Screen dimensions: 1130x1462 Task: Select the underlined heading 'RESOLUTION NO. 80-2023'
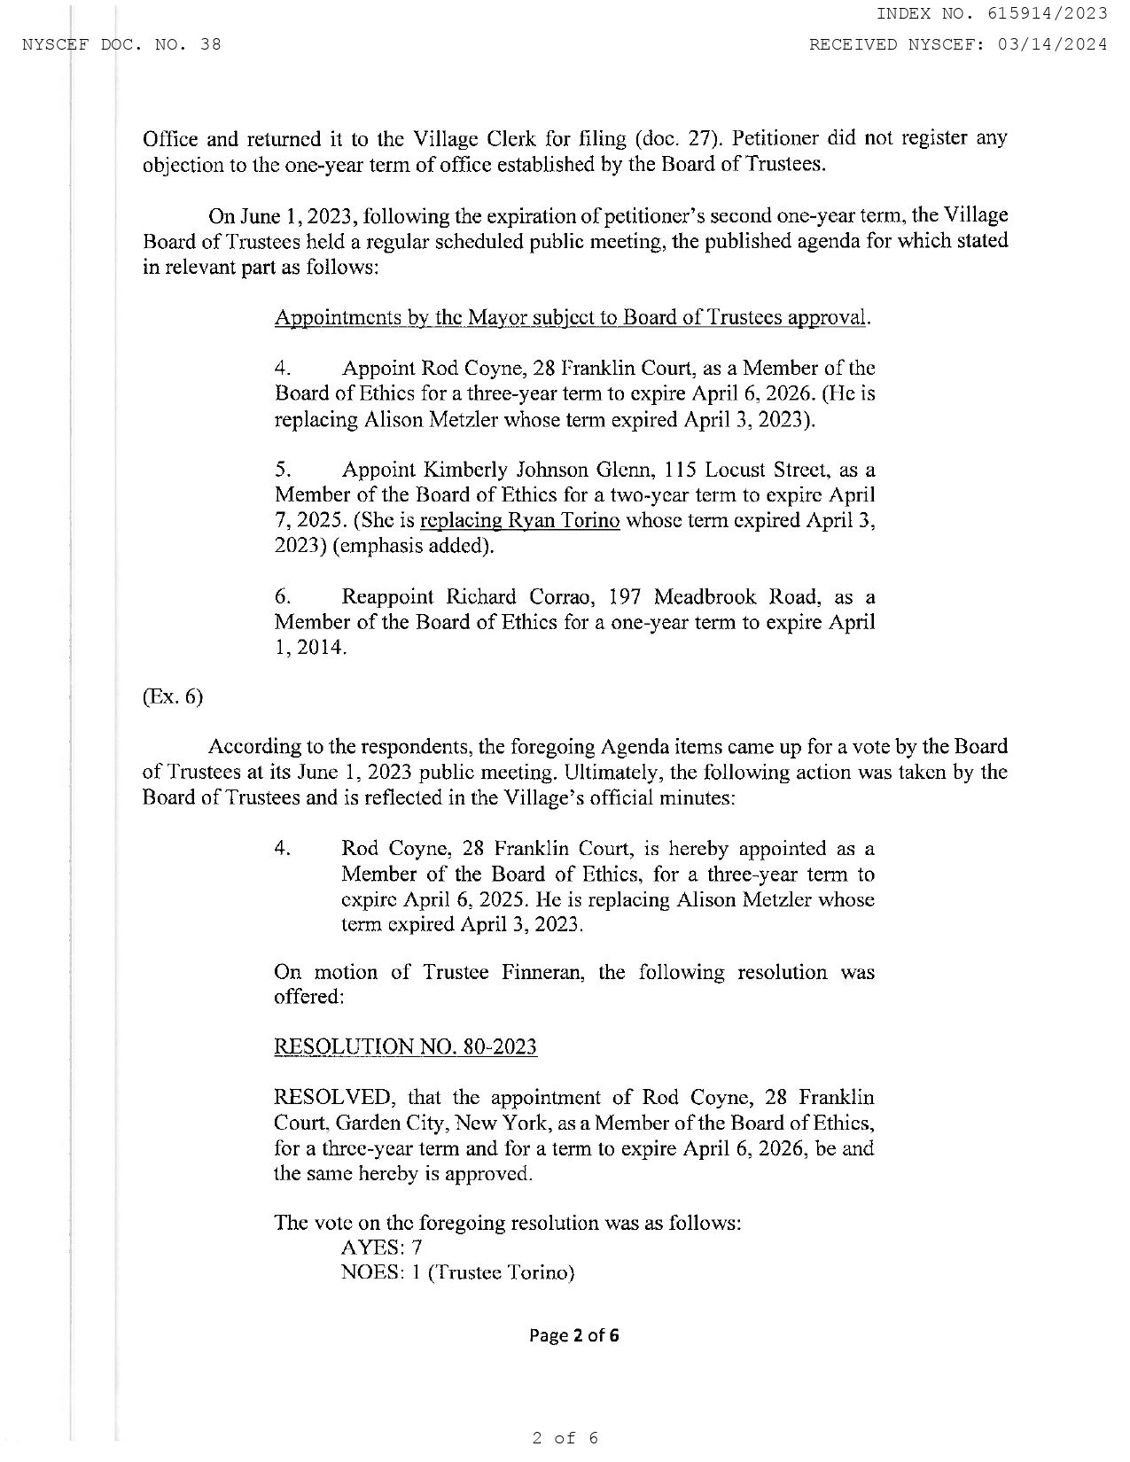point(406,1047)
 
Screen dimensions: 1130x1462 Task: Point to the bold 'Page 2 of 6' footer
point(573,1334)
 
